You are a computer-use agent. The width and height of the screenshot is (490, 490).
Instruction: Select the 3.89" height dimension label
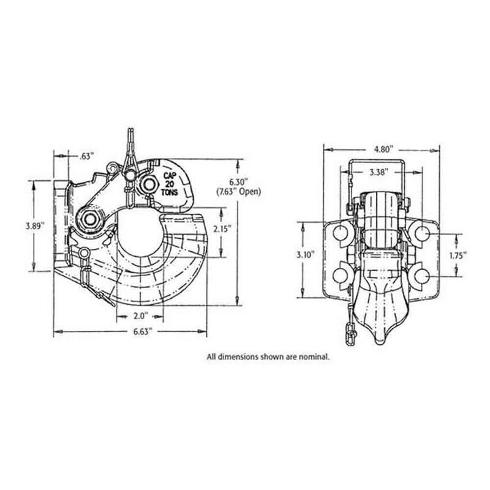[x=34, y=225]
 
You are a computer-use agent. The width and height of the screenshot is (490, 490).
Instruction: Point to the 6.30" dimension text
[x=239, y=181]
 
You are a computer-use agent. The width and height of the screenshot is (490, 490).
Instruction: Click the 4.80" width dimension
[x=382, y=149]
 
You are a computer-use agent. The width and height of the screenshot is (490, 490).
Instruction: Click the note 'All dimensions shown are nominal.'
[x=268, y=355]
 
